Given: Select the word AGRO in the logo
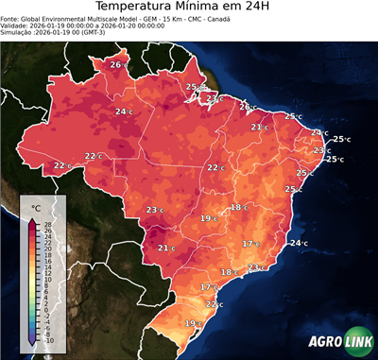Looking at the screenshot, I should (324, 342).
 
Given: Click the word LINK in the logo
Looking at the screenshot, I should (356, 342).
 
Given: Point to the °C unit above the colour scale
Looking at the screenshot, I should (36, 207).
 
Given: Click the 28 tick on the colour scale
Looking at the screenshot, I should (47, 224).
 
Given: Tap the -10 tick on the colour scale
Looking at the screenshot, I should (48, 340).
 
